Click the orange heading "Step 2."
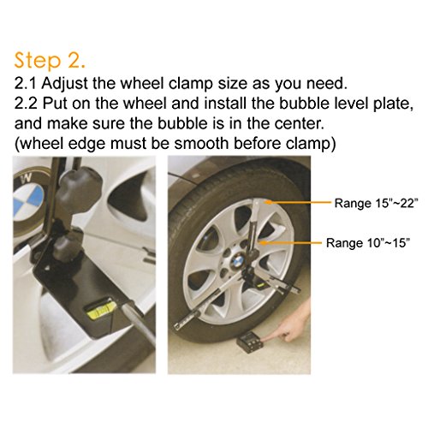coord(50,61)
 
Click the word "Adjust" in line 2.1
coord(64,85)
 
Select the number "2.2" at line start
coord(26,104)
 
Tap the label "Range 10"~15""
coord(368,243)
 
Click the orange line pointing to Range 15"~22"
coord(297,202)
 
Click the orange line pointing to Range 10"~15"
coord(291,243)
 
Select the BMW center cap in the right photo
coord(237,260)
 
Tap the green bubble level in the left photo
coord(101,311)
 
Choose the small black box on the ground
coord(249,343)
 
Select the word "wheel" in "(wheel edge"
coord(42,143)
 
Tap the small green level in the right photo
coord(261,285)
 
